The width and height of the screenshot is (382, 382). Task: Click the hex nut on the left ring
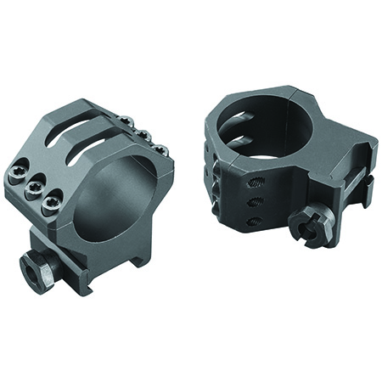(x=36, y=271)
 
